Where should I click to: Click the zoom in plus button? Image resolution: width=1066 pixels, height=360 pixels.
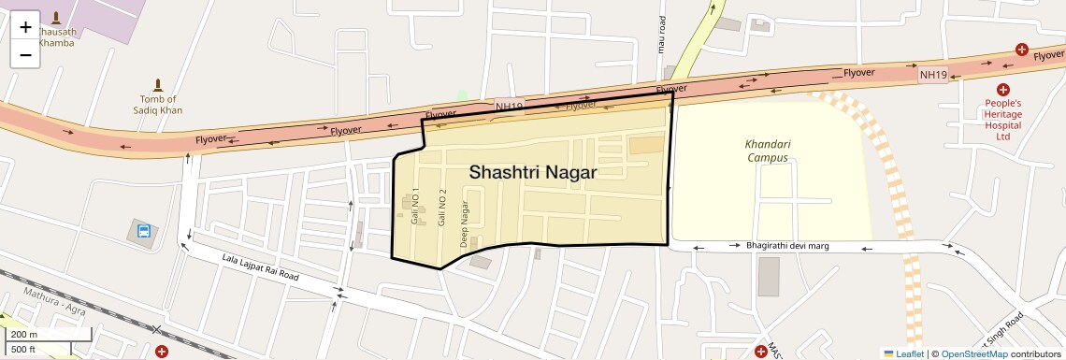[25, 27]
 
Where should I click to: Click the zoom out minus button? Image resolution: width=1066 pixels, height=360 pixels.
[25, 54]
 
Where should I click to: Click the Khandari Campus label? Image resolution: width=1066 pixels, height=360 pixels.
[767, 151]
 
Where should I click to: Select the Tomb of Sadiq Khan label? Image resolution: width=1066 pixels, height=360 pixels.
[157, 105]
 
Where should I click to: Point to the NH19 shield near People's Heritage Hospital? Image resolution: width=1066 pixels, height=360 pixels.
[932, 74]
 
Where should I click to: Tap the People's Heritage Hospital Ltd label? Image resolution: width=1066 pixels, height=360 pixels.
[1002, 120]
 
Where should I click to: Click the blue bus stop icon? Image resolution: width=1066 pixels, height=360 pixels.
[144, 231]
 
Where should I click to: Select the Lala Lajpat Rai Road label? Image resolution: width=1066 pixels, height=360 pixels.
[260, 268]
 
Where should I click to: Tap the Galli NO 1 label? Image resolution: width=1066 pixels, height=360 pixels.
[415, 206]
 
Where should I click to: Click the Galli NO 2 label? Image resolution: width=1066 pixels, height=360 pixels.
[442, 206]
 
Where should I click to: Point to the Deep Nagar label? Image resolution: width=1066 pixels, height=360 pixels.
[464, 224]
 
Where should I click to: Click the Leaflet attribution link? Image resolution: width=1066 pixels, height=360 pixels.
[903, 353]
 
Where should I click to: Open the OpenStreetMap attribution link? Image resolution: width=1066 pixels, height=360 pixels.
[973, 353]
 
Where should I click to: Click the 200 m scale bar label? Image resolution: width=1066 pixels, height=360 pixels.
[25, 334]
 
